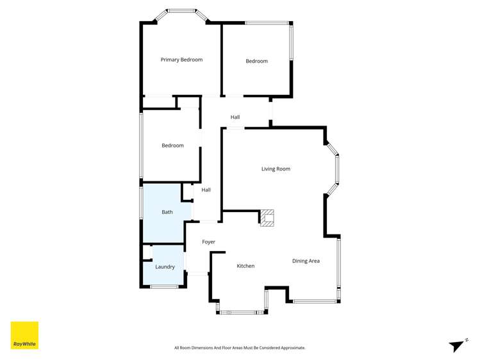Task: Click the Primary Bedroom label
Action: [181, 60]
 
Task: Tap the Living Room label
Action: [276, 169]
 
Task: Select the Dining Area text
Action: [306, 261]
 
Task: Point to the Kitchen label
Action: [245, 266]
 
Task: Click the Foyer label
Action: [208, 241]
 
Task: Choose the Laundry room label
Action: [165, 266]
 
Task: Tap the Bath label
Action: [167, 212]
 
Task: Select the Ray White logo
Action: [24, 335]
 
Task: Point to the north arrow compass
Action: [456, 346]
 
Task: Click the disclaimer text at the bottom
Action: [240, 348]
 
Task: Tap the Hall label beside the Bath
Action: [206, 190]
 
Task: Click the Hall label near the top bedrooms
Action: [235, 117]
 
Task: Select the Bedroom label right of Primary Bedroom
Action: [256, 61]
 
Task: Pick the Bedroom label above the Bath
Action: [172, 145]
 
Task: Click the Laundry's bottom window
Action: [164, 287]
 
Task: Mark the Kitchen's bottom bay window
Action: [242, 313]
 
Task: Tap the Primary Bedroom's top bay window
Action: [182, 11]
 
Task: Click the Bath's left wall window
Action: [141, 203]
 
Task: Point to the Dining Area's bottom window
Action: [315, 301]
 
